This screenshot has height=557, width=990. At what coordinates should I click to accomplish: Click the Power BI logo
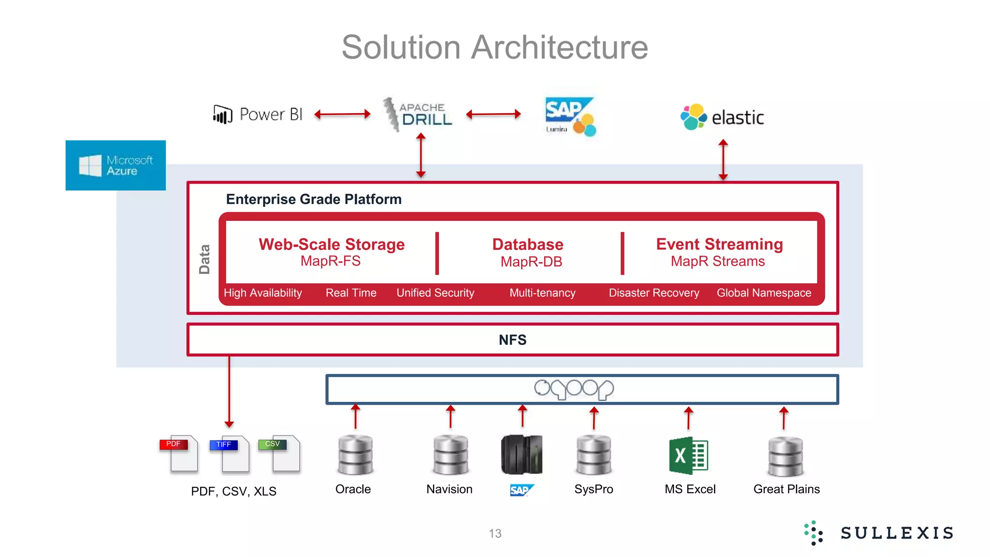(258, 115)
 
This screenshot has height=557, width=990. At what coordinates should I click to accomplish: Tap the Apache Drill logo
(418, 115)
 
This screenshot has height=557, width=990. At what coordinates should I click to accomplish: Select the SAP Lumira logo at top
(570, 117)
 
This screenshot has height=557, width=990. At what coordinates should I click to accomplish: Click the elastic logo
(722, 117)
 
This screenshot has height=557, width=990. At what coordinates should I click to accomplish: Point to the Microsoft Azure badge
(116, 165)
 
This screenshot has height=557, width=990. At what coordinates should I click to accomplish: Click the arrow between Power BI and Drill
(342, 115)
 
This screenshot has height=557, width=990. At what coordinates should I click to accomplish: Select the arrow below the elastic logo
(723, 160)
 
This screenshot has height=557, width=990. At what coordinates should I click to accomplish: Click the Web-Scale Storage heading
(332, 244)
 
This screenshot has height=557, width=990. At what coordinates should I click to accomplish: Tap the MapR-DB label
(531, 262)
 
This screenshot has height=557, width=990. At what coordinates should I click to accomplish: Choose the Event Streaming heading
(719, 244)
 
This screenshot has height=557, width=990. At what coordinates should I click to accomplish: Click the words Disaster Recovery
(654, 293)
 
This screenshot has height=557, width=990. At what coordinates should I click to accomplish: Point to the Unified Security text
(435, 293)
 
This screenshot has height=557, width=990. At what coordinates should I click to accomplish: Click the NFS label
(512, 340)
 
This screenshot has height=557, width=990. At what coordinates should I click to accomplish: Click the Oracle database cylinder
(355, 454)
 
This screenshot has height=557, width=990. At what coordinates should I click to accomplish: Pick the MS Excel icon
(688, 455)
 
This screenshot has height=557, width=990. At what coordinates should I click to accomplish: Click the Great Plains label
(786, 489)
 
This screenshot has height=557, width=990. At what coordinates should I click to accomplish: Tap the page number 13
(495, 533)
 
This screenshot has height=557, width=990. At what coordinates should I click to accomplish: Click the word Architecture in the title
(559, 47)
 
